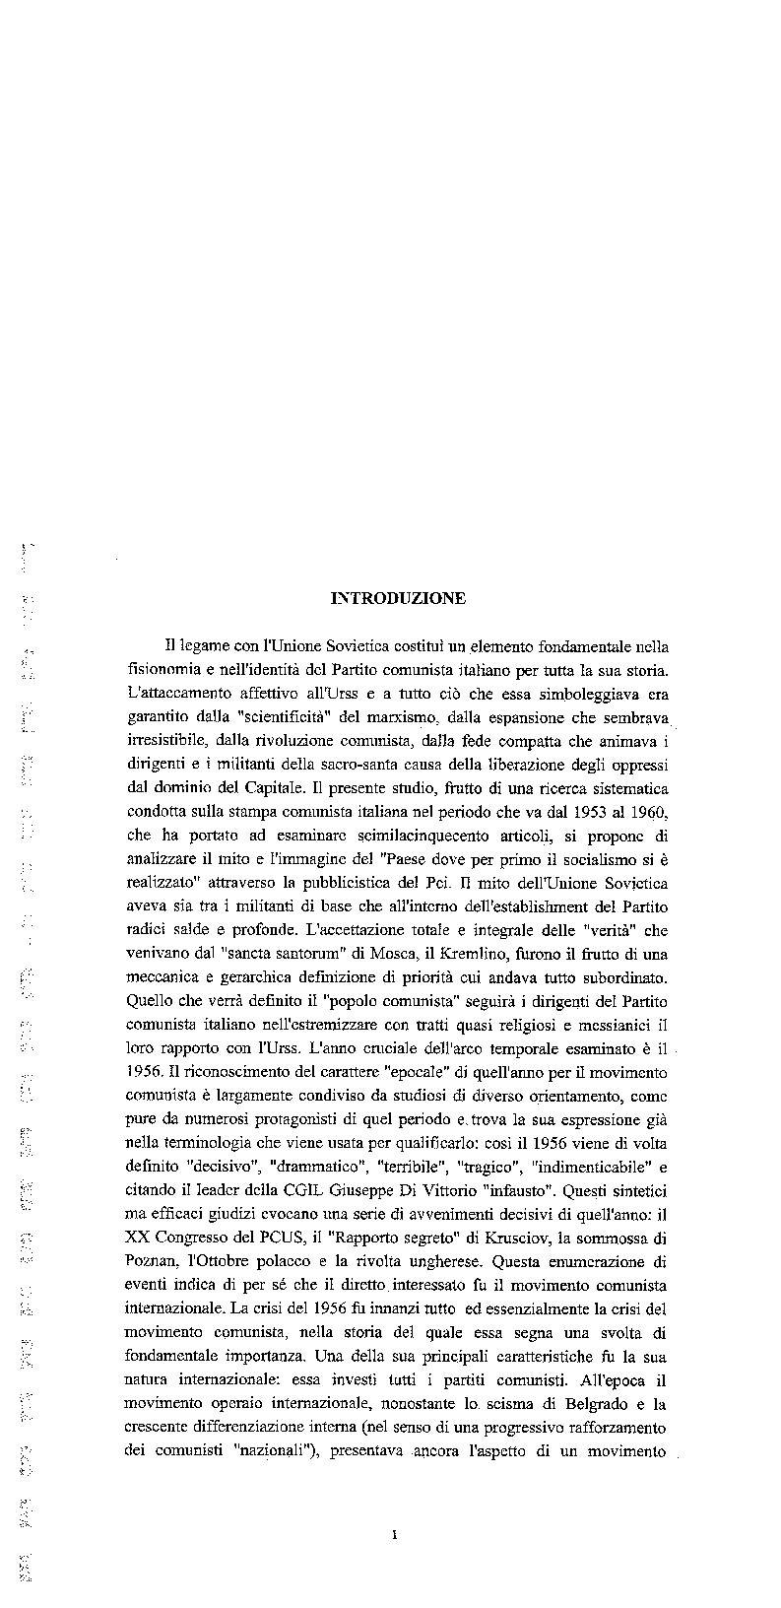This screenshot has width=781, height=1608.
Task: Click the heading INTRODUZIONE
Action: pyautogui.click(x=398, y=598)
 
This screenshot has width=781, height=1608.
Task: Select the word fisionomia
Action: pyautogui.click(x=170, y=671)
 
